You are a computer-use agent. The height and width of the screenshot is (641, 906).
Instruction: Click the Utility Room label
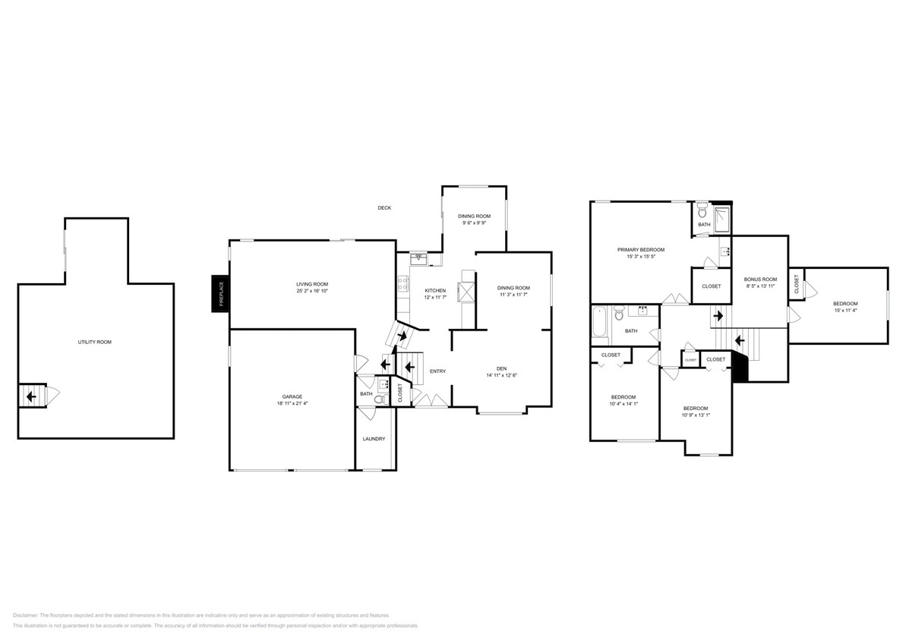(94, 342)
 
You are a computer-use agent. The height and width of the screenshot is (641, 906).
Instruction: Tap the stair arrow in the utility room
(30, 396)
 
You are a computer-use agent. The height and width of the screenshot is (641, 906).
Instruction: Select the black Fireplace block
(220, 293)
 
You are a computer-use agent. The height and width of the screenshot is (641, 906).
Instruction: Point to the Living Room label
(311, 284)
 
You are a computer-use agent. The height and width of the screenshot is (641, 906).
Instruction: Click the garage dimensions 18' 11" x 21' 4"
(292, 403)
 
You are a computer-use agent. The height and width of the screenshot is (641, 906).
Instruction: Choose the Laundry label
(374, 438)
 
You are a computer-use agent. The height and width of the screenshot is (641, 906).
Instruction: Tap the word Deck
(384, 208)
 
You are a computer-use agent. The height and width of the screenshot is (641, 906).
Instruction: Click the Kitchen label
(435, 291)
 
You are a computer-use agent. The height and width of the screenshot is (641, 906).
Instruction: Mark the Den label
(501, 368)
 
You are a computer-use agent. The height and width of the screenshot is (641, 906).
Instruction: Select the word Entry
(437, 371)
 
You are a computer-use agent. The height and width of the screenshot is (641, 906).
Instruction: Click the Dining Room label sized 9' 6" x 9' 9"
(474, 216)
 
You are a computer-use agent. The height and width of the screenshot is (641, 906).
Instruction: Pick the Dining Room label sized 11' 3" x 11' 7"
(513, 288)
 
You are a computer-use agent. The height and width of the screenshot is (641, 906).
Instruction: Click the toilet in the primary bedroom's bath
(702, 212)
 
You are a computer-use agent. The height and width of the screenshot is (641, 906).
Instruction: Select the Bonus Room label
(760, 279)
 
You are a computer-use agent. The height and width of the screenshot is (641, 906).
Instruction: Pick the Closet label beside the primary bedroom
(711, 286)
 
